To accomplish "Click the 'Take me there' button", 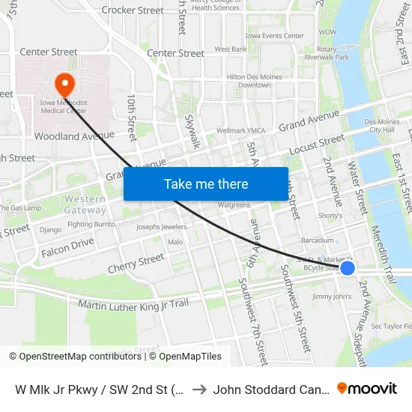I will pos(206,184).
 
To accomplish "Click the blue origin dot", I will pos(348,267).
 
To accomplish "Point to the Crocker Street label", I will pos(133,10).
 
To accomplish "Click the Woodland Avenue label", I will pos(74,136).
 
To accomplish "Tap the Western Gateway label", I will pos(85,205).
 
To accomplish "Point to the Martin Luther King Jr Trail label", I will pos(133,303).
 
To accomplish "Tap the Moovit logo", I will pos(366,388).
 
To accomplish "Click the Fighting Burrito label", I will pos(90,224).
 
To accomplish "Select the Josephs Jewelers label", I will pos(161,226).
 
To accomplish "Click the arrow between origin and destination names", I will pos(199,389).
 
